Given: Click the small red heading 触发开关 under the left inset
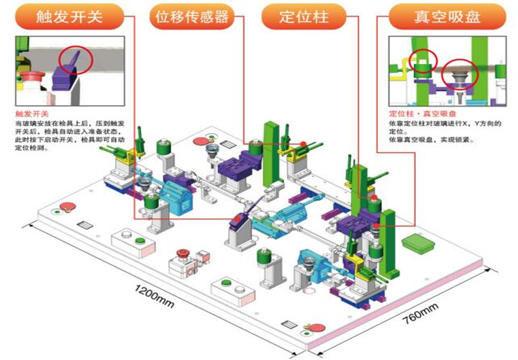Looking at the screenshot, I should click(x=31, y=114).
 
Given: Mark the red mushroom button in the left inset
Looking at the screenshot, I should click(x=29, y=75).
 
